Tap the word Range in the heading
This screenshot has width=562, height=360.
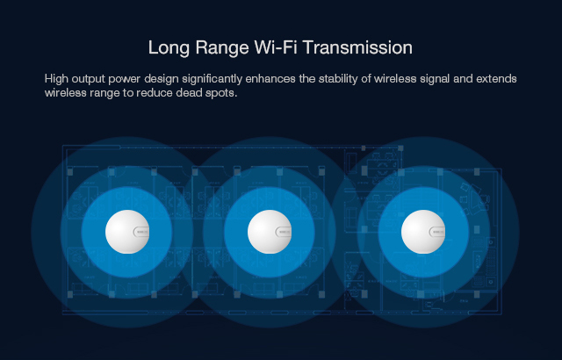[x=222, y=48]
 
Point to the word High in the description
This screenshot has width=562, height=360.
[x=56, y=79]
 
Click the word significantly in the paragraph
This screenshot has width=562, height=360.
[x=212, y=79]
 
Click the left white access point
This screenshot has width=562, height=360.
[x=127, y=232]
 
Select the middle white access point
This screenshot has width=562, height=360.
[x=270, y=232]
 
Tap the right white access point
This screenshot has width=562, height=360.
[x=423, y=232]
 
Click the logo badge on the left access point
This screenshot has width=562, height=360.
[x=141, y=232]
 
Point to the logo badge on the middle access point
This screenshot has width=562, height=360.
[x=284, y=232]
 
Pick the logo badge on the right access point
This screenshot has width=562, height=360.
[x=437, y=232]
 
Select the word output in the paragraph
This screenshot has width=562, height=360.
[x=88, y=79]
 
